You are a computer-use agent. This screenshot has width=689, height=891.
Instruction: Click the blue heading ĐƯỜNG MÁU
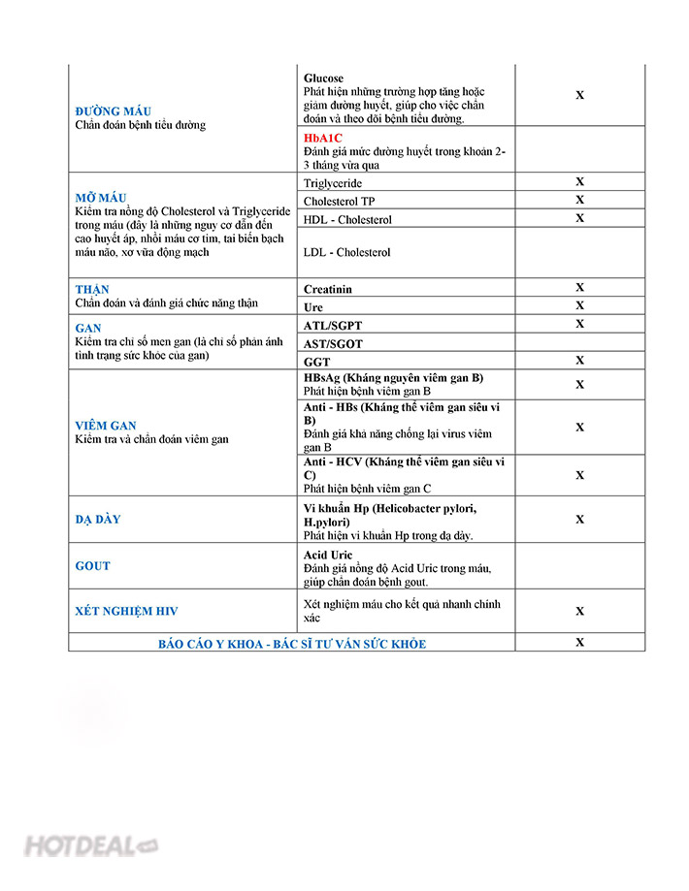pos(112,111)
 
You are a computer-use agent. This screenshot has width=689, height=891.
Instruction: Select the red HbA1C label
pos(323,138)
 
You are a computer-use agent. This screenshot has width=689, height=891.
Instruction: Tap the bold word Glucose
pos(323,78)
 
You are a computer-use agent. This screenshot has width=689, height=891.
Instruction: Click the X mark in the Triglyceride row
pos(579,181)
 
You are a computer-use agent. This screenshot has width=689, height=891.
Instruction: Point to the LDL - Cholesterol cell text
pos(346,252)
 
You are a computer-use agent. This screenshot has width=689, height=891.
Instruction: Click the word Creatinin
pos(328,289)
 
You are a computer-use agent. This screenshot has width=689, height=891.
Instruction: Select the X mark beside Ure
pos(579,305)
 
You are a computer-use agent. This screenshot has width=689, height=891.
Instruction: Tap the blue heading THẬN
pos(92,289)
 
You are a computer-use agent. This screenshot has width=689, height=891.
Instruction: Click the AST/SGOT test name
pos(333,343)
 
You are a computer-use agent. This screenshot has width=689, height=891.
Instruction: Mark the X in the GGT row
pos(579,360)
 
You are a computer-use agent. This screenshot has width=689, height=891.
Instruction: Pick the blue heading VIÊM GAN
pos(106,425)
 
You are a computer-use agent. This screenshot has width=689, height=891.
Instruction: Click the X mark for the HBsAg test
pos(579,384)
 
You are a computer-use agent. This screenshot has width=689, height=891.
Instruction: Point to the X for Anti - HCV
pos(579,475)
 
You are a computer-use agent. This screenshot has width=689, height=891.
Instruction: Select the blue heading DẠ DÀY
pos(98,519)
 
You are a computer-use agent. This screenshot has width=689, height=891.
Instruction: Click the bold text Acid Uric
pos(328,555)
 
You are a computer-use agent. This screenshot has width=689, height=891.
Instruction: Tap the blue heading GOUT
pos(93,565)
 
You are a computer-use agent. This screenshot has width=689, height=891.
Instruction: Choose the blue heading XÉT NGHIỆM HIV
pos(126,611)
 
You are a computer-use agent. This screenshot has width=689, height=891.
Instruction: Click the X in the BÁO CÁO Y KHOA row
pos(579,642)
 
